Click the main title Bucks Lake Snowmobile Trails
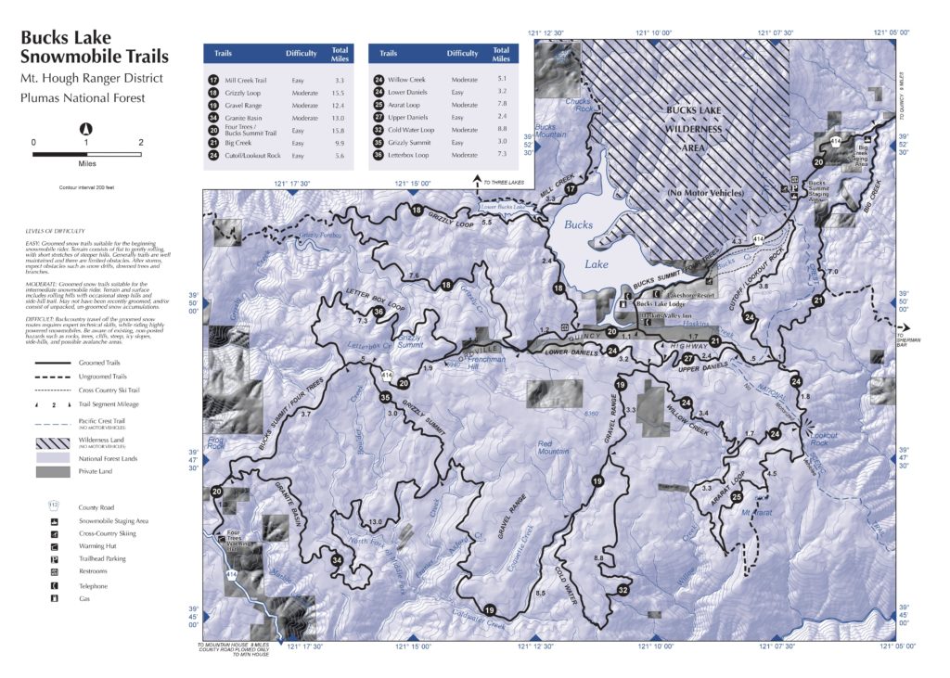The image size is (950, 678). pos(80,48)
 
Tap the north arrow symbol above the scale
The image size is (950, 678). pos(86,129)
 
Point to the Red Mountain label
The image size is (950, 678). pos(553,450)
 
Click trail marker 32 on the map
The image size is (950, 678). pos(623,590)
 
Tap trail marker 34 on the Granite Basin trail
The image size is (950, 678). pos(338,560)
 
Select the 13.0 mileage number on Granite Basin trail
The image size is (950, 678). pos(375,522)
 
